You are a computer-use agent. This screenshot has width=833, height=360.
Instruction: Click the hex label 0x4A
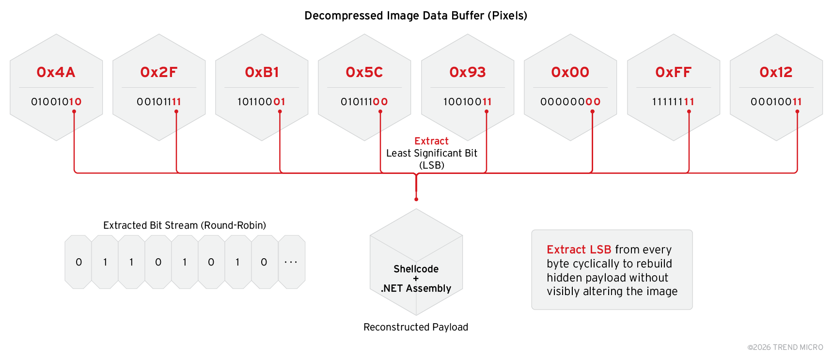56,72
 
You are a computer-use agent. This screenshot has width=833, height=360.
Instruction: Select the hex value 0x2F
159,72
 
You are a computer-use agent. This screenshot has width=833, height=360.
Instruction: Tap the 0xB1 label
262,72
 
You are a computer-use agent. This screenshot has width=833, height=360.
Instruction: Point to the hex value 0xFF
673,72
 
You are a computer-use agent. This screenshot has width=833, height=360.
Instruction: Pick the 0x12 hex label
776,72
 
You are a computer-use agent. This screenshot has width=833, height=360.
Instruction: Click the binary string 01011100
364,102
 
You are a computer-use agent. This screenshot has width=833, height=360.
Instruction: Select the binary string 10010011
468,102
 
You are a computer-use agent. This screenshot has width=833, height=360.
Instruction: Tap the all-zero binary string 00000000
570,102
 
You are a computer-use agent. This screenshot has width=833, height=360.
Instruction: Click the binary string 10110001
262,102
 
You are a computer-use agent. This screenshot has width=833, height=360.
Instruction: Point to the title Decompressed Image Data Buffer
416,16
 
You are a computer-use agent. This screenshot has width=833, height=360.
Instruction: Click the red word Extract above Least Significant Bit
431,141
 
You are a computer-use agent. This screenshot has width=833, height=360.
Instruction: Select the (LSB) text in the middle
432,165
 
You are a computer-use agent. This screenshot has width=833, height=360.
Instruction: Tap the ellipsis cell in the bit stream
291,262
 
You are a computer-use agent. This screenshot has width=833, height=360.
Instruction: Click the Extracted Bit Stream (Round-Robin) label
185,225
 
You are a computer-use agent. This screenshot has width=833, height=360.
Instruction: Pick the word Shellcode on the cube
416,269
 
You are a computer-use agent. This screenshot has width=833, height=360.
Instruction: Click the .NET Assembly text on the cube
416,288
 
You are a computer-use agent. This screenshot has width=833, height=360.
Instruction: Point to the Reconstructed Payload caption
416,327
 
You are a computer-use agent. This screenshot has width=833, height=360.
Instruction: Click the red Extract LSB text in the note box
579,250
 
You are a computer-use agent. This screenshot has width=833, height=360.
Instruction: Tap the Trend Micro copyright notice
785,347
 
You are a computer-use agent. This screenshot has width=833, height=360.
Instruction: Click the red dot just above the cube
416,199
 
